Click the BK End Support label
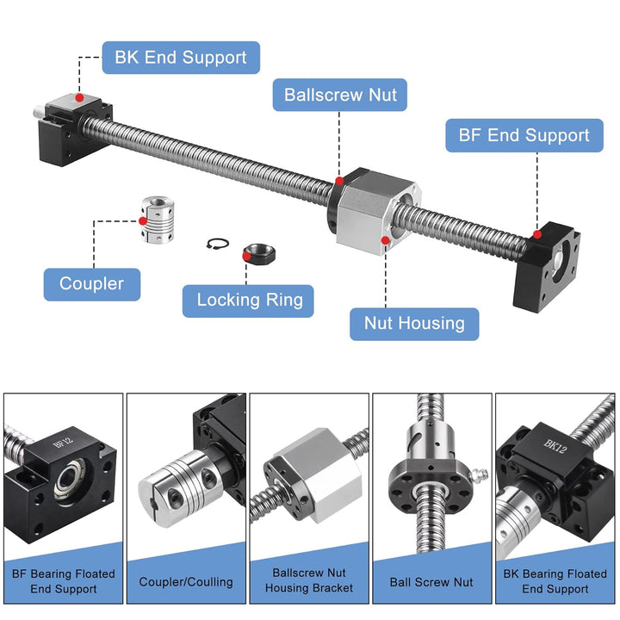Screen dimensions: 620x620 point(181,59)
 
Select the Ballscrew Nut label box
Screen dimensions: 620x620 point(340,94)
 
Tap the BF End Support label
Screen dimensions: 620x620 point(524,135)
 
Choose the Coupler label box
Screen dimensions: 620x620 point(91,283)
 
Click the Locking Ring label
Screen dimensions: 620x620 point(249,300)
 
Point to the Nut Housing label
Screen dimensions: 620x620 point(414,324)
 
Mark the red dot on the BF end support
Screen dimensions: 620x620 point(537,233)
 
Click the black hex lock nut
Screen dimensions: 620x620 point(257,251)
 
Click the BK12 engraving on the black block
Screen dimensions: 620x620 point(553,446)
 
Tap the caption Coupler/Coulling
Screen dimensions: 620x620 point(186,582)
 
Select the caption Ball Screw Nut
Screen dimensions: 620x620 point(431,582)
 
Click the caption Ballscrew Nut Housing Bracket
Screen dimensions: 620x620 point(309,580)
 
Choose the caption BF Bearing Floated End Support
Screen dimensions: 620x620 point(63,581)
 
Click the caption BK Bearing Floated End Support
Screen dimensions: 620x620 point(555,581)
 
